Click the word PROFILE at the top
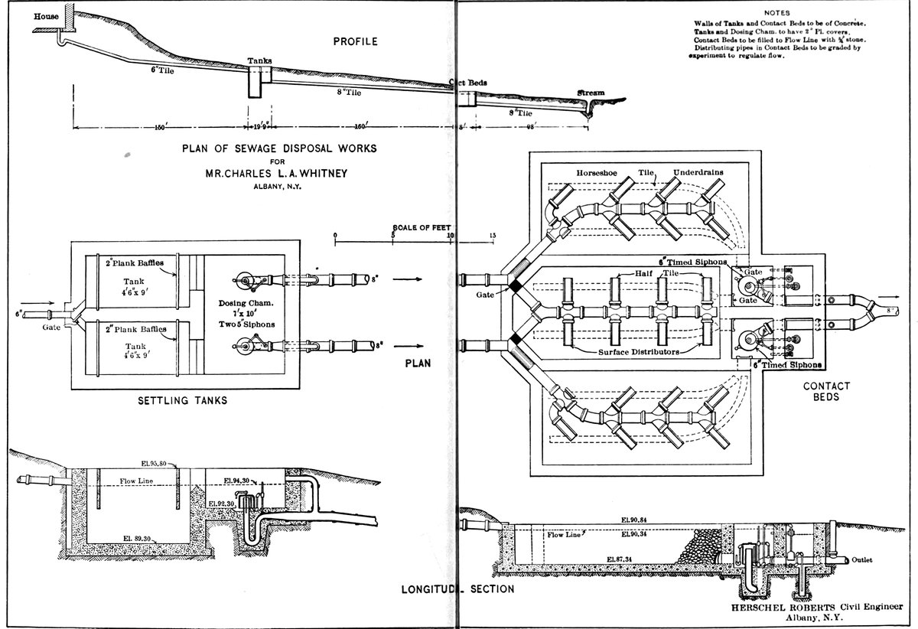[355, 41]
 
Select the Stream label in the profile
[591, 93]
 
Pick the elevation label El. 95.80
[163, 464]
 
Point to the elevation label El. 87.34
[620, 560]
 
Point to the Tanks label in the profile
[259, 60]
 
